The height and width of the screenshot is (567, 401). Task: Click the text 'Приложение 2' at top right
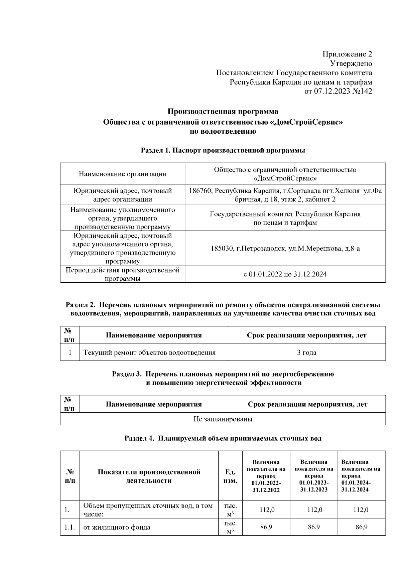click(x=347, y=54)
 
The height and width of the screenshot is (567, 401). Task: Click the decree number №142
click(x=362, y=91)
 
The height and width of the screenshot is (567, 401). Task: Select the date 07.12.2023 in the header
click(x=331, y=91)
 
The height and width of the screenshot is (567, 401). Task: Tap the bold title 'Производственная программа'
click(x=223, y=111)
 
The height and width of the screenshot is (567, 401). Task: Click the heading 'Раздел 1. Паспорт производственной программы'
click(x=223, y=150)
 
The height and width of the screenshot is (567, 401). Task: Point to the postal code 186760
click(x=200, y=191)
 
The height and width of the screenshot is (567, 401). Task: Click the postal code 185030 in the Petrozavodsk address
click(x=222, y=249)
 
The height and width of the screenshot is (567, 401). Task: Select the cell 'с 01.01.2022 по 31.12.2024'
click(x=285, y=274)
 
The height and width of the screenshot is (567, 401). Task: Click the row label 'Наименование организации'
click(x=123, y=174)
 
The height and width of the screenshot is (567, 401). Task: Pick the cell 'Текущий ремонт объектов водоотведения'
click(x=149, y=352)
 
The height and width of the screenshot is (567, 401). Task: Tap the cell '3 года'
click(x=306, y=352)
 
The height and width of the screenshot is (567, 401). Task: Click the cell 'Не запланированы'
click(x=223, y=419)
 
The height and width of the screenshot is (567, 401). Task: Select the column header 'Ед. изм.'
click(x=230, y=476)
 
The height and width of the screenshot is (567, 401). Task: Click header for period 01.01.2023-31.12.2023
click(x=314, y=476)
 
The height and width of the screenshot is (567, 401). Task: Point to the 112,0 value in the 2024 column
click(x=361, y=510)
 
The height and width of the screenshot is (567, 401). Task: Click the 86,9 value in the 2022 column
click(x=266, y=527)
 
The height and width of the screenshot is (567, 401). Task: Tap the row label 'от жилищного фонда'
click(x=117, y=527)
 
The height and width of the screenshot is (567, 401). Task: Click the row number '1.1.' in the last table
click(x=70, y=527)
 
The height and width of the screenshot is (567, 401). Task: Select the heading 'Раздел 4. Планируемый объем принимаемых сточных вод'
click(x=223, y=438)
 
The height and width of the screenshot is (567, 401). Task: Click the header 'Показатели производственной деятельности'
click(x=149, y=476)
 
